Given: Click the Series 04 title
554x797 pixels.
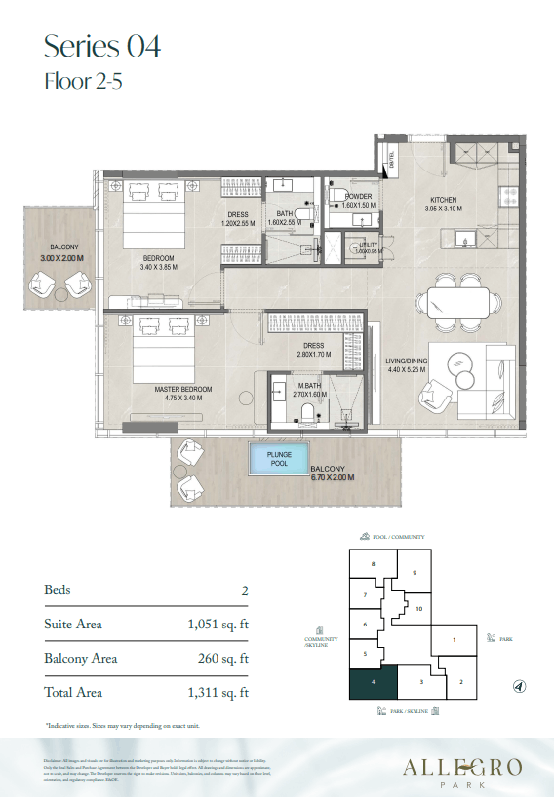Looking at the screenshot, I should pyautogui.click(x=102, y=46).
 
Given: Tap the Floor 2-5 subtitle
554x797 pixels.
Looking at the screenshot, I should pyautogui.click(x=84, y=82).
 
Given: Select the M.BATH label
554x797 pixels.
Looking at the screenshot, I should pyautogui.click(x=310, y=387).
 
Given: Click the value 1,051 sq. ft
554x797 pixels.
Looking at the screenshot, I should pyautogui.click(x=218, y=624).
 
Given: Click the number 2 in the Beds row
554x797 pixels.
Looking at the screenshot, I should pyautogui.click(x=244, y=590).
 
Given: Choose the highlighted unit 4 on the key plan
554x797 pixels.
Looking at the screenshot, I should pyautogui.click(x=373, y=682).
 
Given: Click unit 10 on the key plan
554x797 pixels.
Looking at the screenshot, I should pyautogui.click(x=418, y=609).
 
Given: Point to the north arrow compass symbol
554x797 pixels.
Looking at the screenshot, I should pyautogui.click(x=518, y=687).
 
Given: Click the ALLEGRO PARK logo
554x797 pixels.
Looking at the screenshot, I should pyautogui.click(x=466, y=771).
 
